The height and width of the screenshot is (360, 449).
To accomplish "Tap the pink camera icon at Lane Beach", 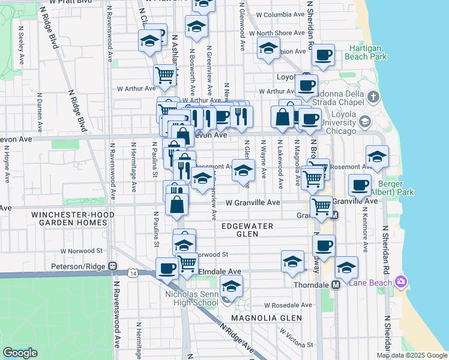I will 401,282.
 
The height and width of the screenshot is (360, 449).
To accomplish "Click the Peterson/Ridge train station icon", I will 112,266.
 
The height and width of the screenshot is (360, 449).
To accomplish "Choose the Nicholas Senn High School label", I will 191,298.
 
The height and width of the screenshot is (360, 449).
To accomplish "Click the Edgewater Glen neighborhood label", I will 247,230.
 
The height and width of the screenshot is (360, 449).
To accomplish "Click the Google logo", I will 20,353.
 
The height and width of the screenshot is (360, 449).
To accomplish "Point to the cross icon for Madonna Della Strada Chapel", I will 373,97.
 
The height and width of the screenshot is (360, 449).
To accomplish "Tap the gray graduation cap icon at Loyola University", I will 364,122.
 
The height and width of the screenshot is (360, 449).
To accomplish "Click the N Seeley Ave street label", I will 21,45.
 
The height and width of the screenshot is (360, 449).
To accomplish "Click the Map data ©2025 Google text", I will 411,355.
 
